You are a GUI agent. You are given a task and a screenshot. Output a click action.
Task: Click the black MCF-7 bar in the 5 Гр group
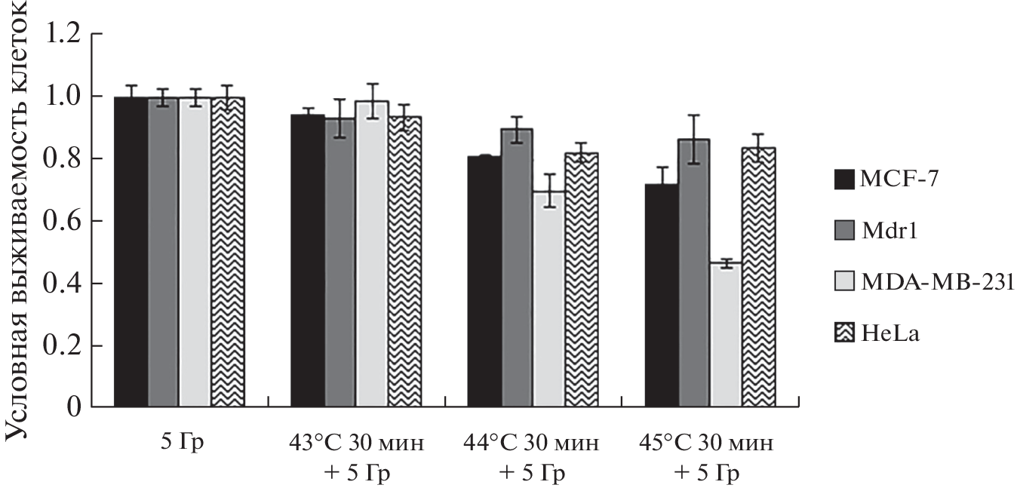(x=131, y=253)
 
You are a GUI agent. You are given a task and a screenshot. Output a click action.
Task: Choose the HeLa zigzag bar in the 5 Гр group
(x=228, y=253)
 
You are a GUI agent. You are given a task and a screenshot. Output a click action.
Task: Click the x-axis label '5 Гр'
(x=179, y=441)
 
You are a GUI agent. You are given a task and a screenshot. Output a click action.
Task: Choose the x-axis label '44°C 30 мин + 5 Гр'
(x=531, y=457)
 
